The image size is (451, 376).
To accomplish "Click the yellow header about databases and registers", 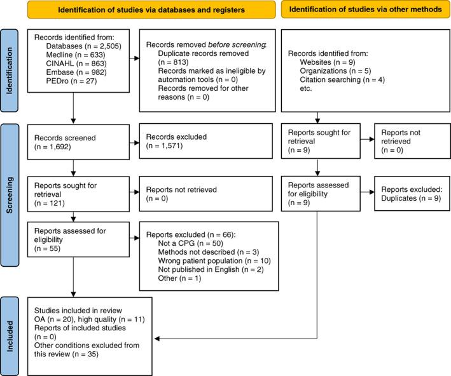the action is (x=151, y=10).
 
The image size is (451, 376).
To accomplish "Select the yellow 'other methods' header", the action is (x=366, y=10).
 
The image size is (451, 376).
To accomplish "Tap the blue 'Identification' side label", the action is (x=10, y=70).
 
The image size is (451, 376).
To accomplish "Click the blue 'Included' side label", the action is (x=10, y=336).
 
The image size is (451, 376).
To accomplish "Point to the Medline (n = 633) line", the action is (x=76, y=55).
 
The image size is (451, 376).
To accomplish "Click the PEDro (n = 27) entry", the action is (x=71, y=81).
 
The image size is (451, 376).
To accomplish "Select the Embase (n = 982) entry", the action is (x=76, y=72).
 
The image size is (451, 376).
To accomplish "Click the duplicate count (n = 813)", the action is (x=173, y=62).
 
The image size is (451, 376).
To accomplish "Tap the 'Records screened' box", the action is (x=78, y=142).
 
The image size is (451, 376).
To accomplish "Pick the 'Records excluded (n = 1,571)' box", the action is (x=206, y=141).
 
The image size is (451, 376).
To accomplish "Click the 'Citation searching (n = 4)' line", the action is (x=342, y=79).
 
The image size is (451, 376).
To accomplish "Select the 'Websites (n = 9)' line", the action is (x=328, y=62).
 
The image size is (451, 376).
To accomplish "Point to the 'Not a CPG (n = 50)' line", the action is (x=191, y=243).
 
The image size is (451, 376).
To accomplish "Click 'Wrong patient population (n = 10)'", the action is (x=214, y=261).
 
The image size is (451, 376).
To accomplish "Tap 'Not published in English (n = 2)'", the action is (x=211, y=269).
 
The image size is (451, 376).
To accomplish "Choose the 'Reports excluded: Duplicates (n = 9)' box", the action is (x=412, y=194).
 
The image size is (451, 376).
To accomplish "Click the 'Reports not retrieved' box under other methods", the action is (x=412, y=141).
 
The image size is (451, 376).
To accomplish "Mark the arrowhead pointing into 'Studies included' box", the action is (x=157, y=339).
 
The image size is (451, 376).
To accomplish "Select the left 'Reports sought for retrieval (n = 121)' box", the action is (x=78, y=194).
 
